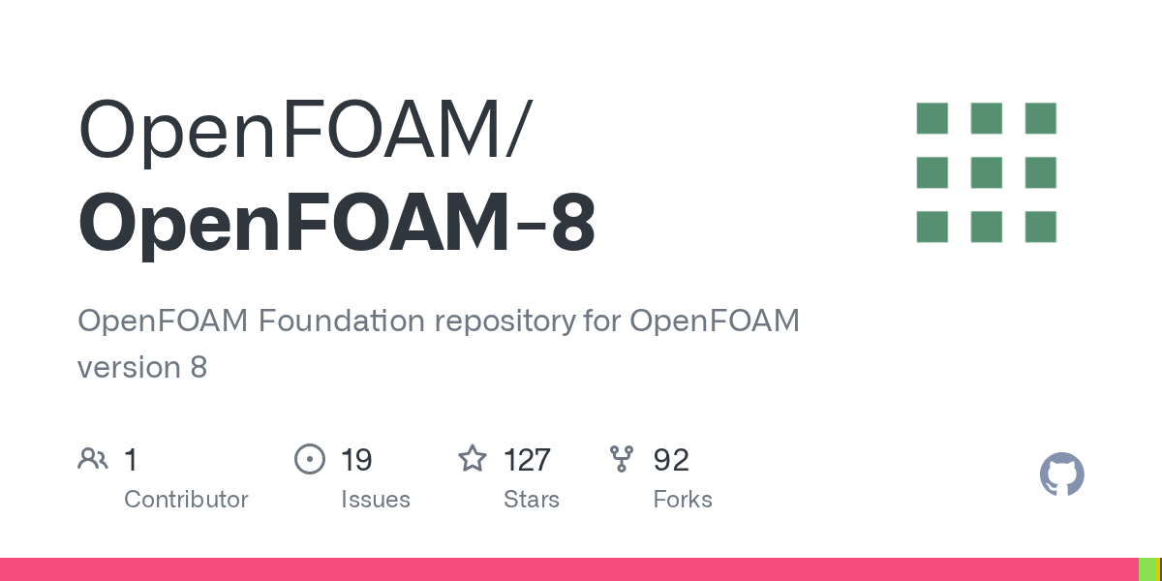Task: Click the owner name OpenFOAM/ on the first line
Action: (304, 131)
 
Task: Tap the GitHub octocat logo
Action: (1061, 474)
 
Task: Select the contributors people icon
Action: (93, 458)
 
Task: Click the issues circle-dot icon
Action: (309, 458)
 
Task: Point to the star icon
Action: (472, 458)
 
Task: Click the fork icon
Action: (622, 458)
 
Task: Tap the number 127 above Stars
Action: (527, 459)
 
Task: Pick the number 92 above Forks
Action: (671, 459)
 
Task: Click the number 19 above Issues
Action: (356, 459)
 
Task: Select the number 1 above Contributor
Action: (131, 459)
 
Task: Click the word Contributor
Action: (186, 500)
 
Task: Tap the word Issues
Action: (375, 500)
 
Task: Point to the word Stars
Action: (531, 500)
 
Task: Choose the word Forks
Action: (683, 500)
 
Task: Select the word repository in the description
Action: (501, 321)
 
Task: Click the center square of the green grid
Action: (986, 172)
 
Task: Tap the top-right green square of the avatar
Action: (1040, 118)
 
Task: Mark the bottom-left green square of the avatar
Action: (932, 227)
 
